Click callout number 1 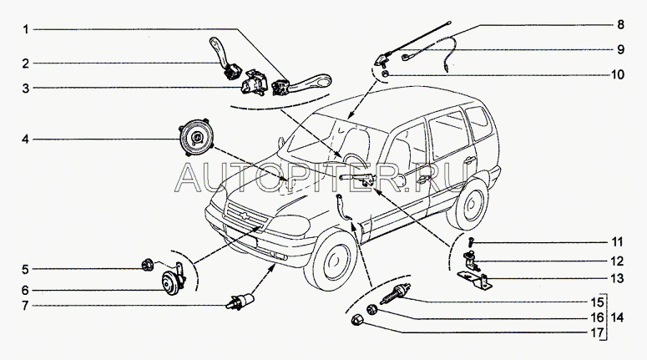coord(26,30)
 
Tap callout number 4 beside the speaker coord(26,139)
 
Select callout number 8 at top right coord(620,25)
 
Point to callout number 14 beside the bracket coord(617,318)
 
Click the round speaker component coord(195,138)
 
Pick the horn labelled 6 coord(170,283)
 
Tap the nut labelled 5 coord(147,264)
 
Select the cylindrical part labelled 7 coord(240,302)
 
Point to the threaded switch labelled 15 coord(396,293)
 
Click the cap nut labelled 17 coord(356,320)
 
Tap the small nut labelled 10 coord(385,74)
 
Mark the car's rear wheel coord(468,205)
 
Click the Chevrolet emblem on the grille coord(246,215)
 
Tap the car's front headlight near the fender coord(290,225)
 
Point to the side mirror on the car coord(281,143)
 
